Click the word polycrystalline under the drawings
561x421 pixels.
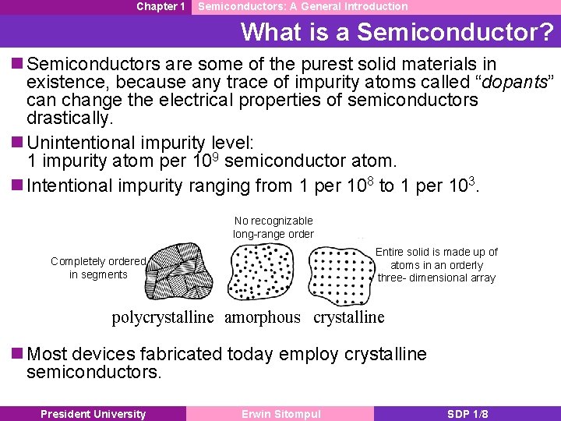pyautogui.click(x=162, y=317)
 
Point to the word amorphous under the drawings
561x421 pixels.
pyautogui.click(x=262, y=317)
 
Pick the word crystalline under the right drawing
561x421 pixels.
pyautogui.click(x=349, y=317)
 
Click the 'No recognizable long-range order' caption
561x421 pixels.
pyautogui.click(x=273, y=228)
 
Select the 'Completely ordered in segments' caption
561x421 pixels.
pyautogui.click(x=98, y=267)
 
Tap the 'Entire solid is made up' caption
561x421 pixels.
pyautogui.click(x=436, y=264)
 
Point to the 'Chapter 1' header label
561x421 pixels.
pyautogui.click(x=161, y=6)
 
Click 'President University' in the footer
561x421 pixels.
pyautogui.click(x=93, y=414)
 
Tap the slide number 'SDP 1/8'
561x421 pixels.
pyautogui.click(x=467, y=414)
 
